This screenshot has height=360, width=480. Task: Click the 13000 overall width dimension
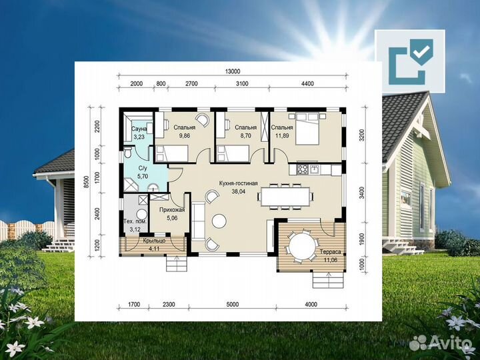[233, 71]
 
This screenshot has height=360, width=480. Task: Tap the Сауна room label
[139, 129]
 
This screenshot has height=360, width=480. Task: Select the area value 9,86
[184, 135]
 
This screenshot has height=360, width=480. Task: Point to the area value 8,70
[245, 135]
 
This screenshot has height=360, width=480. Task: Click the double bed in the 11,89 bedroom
[307, 129]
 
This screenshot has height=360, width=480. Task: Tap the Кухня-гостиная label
[239, 183]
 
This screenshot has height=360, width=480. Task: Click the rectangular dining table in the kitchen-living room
[285, 197]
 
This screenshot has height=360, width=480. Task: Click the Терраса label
[330, 252]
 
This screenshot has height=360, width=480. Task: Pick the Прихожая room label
[172, 210]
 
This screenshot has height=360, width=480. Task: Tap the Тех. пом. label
[135, 221]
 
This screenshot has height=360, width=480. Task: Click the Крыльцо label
[154, 241]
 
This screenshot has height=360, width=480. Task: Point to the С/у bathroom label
[143, 168]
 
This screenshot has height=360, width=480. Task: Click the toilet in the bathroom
[127, 152]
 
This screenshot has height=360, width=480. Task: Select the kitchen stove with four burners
[303, 169]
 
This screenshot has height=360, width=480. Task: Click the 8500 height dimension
[87, 182]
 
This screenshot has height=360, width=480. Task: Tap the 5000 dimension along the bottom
[233, 304]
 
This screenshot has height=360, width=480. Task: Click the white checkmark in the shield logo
[421, 51]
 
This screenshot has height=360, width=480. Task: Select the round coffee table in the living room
[219, 221]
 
